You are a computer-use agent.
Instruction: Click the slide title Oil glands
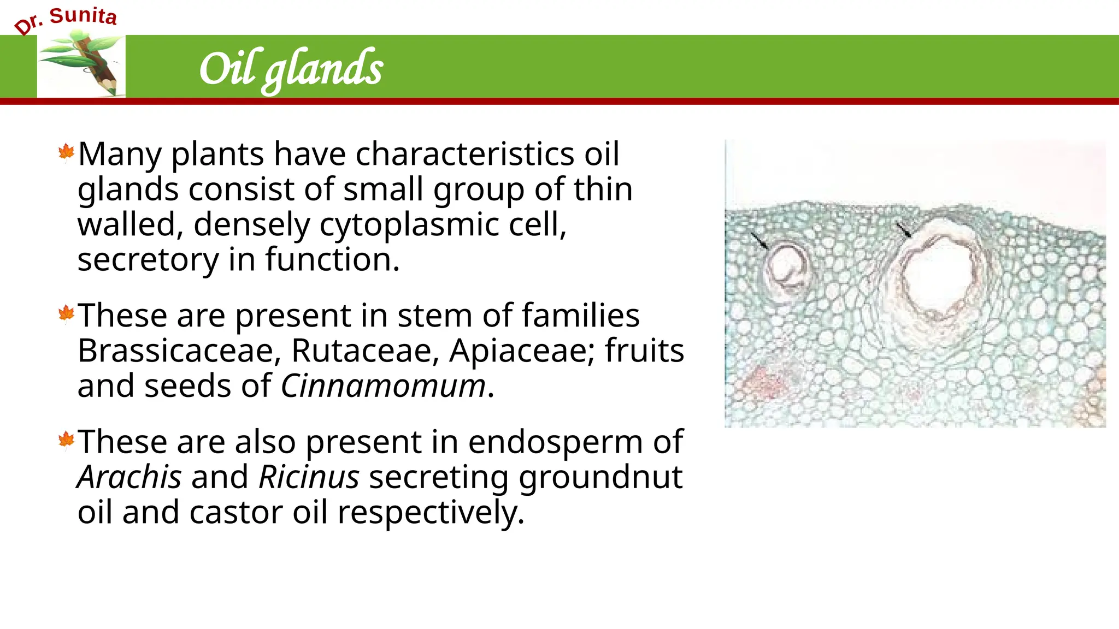click(291, 69)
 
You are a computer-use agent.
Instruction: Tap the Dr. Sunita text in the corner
click(66, 20)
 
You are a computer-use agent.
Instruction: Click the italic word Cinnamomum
click(383, 386)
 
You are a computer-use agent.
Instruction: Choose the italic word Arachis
click(129, 477)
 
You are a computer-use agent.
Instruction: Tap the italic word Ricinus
click(309, 477)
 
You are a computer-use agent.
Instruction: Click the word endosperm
click(555, 442)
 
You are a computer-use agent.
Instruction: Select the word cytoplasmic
click(409, 224)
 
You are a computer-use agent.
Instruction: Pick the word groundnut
click(600, 477)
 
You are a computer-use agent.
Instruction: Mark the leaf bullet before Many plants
click(66, 152)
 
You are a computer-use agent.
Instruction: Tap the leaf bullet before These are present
click(66, 314)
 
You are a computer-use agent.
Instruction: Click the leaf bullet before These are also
click(66, 440)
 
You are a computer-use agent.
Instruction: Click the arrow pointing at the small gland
click(758, 240)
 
